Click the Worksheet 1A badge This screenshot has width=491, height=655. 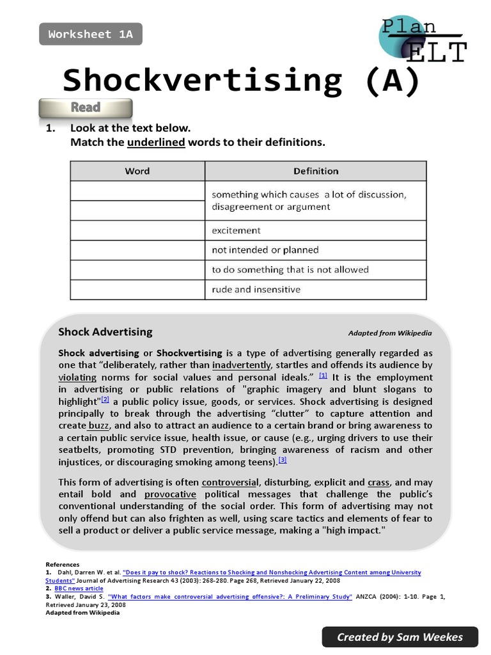(91, 35)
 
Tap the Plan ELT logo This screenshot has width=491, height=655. (422, 40)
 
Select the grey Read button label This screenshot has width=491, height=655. (86, 107)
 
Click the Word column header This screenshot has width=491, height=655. (137, 171)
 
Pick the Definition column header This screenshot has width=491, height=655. (316, 171)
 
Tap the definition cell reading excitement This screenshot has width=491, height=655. (316, 230)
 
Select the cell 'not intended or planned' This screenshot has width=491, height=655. (316, 250)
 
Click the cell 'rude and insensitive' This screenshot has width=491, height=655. (316, 290)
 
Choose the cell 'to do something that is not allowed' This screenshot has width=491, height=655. (316, 270)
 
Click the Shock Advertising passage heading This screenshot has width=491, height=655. (105, 332)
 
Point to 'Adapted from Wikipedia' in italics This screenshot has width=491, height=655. (390, 333)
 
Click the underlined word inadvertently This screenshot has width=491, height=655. (242, 365)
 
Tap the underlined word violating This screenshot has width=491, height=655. (77, 377)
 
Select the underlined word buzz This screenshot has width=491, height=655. (98, 425)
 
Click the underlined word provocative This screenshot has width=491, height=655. (170, 494)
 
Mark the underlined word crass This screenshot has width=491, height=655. (379, 482)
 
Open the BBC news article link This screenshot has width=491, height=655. (79, 588)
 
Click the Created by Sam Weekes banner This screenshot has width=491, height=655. (400, 636)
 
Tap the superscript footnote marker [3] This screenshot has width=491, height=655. (283, 460)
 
